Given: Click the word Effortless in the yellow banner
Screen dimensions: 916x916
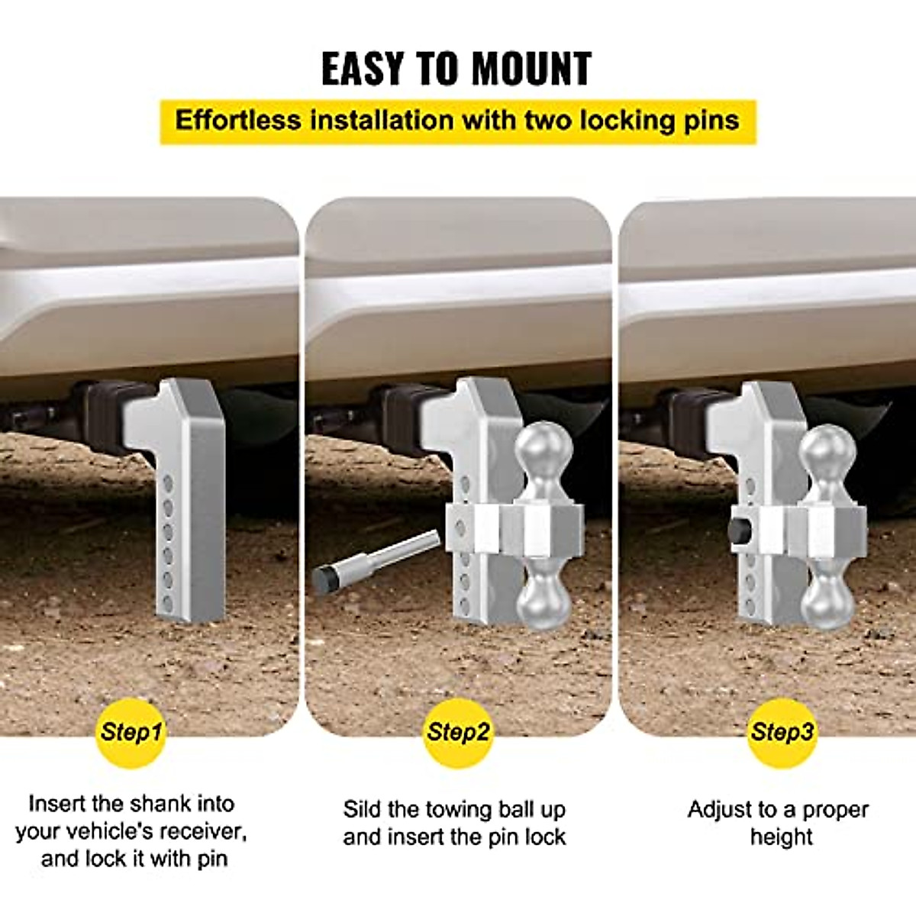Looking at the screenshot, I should pos(238,121).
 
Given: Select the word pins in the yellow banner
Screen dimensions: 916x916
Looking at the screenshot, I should pos(711,121).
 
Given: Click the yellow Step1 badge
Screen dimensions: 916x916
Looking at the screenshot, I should pos(131,733).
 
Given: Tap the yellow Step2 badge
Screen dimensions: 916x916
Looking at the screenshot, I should pos(458,733).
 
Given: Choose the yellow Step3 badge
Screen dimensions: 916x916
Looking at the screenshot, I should pos(782,733).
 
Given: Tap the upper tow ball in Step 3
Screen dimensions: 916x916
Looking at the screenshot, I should pos(827,450).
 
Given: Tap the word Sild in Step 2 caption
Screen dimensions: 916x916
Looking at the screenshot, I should pos(362,809).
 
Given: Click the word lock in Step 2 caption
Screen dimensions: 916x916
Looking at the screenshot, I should pos(547,837).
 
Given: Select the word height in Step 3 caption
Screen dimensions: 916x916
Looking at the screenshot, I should pos(781,837).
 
